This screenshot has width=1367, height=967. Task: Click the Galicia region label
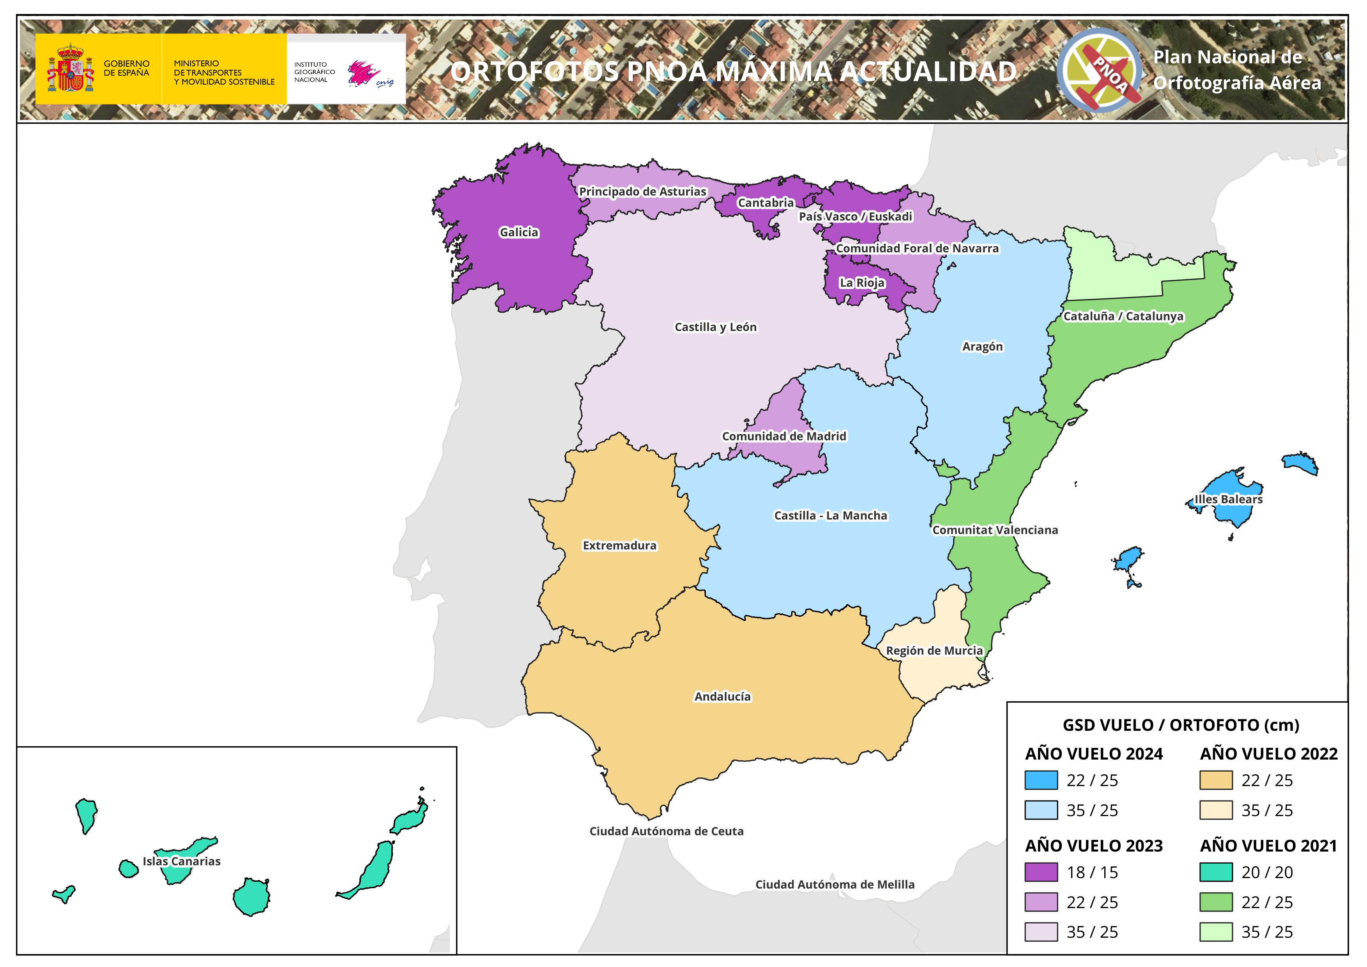[518, 232]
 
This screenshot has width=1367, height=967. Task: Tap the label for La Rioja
[861, 283]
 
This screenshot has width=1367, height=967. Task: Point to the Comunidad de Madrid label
[783, 436]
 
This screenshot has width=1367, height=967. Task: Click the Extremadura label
[619, 545]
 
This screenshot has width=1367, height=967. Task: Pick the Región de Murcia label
[934, 651]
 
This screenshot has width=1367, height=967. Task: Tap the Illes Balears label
[1228, 499]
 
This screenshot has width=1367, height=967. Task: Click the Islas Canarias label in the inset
[182, 861]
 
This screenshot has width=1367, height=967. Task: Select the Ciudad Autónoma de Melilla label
[835, 885]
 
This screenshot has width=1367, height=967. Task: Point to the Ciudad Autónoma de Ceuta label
[666, 831]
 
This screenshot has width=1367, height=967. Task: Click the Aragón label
[982, 347]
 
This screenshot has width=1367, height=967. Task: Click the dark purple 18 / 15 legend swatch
[1041, 872]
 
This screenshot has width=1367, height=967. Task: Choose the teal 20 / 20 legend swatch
[1216, 872]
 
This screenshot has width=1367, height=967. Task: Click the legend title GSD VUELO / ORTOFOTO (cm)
[1181, 725]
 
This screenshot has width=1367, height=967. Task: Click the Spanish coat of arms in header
[70, 69]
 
